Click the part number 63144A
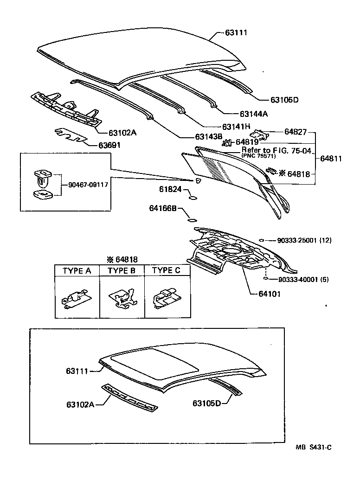point(254,113)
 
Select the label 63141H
point(236,126)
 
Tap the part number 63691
point(109,145)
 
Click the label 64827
point(296,132)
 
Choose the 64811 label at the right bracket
point(331,158)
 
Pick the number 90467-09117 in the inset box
point(88,184)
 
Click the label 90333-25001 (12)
point(304,240)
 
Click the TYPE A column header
point(77,270)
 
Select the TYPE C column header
point(166,270)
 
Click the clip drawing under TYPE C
point(166,297)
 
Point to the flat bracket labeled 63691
point(71,136)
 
